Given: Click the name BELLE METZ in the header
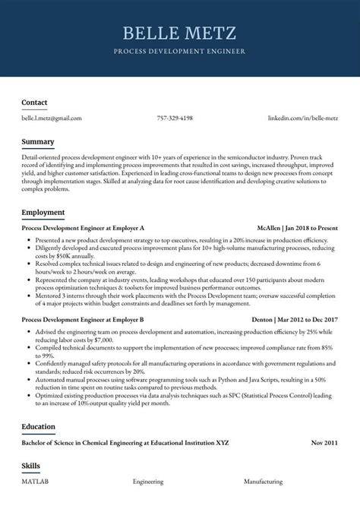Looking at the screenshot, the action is [x=179, y=33].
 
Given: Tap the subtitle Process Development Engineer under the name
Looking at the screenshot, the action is [x=179, y=52].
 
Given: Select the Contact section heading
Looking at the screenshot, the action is [x=34, y=103].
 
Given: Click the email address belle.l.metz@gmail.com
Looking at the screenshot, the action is [x=52, y=119].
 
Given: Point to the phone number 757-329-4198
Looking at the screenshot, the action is [x=175, y=119].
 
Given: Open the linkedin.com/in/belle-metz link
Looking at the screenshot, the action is [x=303, y=119].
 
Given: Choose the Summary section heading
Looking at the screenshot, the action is [x=38, y=142].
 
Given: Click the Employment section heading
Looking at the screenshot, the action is [x=43, y=213].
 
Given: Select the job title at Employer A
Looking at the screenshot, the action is [x=83, y=228].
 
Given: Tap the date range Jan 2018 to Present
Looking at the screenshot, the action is [x=312, y=228].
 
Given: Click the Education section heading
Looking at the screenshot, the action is [x=39, y=427].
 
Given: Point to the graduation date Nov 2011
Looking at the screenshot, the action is [x=325, y=442].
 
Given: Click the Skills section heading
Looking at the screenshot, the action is [x=30, y=466].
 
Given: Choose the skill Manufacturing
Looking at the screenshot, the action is [x=264, y=482].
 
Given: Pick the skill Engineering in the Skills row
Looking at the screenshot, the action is [x=148, y=482].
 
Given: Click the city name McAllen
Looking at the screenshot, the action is [x=268, y=228].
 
